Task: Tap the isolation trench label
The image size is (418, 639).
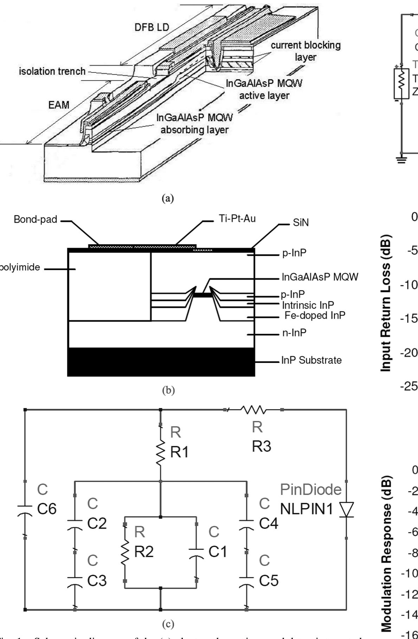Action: tap(52, 71)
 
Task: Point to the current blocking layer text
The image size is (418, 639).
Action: tap(306, 51)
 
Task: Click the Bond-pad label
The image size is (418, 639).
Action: tap(35, 220)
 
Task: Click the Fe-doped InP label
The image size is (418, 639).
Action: tap(315, 315)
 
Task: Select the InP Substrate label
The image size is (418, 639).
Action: tap(311, 360)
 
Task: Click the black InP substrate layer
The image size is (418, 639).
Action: tap(161, 362)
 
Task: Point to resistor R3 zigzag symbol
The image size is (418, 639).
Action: tap(253, 410)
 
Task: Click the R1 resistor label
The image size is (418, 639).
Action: tap(179, 453)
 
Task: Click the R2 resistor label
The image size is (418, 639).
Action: tap(144, 552)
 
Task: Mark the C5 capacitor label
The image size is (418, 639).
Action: tap(269, 581)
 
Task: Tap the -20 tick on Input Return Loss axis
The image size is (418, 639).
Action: tap(409, 353)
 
